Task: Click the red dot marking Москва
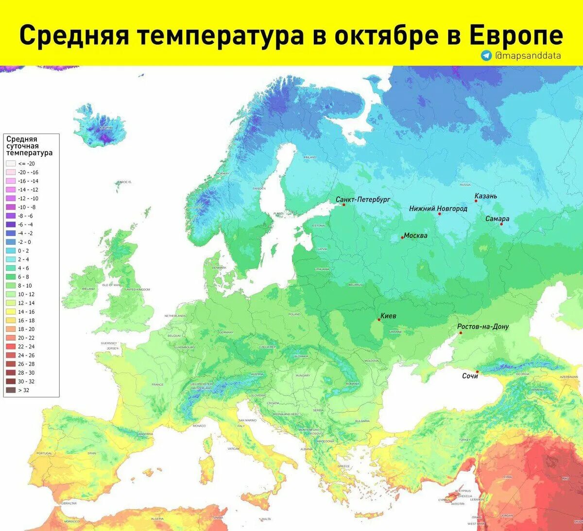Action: tap(402, 238)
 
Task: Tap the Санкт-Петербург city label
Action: tap(363, 199)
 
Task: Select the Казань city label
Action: tap(486, 196)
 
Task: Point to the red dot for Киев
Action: tap(379, 320)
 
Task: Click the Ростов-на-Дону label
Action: tap(483, 326)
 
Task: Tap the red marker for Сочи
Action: tap(477, 372)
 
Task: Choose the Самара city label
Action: tap(497, 219)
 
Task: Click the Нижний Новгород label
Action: tap(438, 208)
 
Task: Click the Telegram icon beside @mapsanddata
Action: tap(486, 55)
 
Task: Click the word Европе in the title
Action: tap(516, 35)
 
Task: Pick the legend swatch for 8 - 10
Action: tap(11, 286)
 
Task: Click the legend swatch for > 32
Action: tap(11, 390)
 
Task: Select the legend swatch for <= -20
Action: tap(11, 164)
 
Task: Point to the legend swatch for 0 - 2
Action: tap(11, 251)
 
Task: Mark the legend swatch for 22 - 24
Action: tap(11, 346)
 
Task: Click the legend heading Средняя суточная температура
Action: tap(29, 146)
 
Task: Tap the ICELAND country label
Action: tap(106, 128)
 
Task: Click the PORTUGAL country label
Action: tap(44, 453)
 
